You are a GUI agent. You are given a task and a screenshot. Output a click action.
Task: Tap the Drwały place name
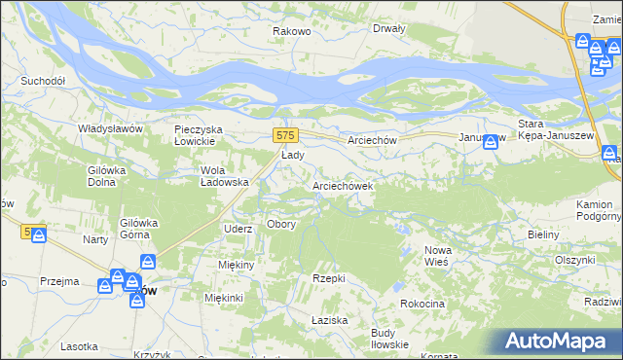click(x=388, y=28)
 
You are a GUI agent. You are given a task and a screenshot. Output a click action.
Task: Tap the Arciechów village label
click(x=372, y=140)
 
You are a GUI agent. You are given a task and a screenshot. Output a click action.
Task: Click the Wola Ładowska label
click(x=225, y=175)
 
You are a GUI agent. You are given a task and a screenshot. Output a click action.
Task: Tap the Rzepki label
click(x=329, y=278)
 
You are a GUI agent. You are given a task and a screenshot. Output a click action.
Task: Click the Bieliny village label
click(x=542, y=235)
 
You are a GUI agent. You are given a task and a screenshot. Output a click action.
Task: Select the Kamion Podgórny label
click(x=594, y=210)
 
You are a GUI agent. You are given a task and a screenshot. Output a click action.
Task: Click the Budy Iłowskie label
click(x=389, y=339)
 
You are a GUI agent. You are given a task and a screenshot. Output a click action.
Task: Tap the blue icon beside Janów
click(x=492, y=142)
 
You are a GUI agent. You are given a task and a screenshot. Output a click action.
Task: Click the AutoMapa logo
click(x=557, y=341)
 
